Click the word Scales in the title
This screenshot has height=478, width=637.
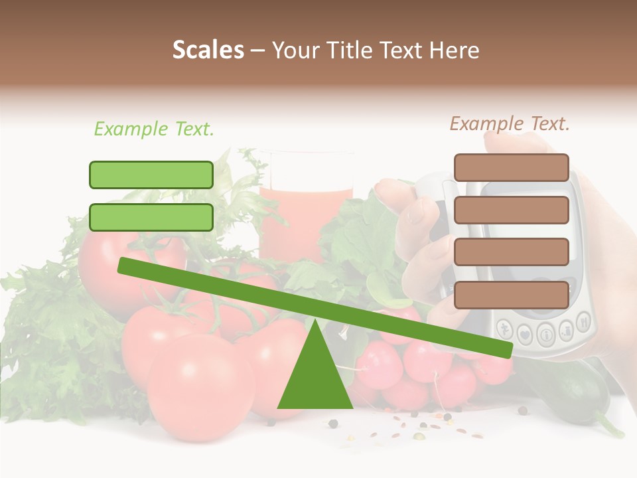tap(208, 50)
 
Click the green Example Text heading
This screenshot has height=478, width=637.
tap(154, 129)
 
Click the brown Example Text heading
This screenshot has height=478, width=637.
tap(510, 123)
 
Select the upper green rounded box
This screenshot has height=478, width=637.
tap(151, 175)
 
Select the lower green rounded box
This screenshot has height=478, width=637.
tap(151, 217)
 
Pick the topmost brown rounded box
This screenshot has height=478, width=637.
tap(511, 167)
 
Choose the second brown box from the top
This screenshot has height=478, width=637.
tap(511, 210)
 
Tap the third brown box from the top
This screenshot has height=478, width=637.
tap(511, 252)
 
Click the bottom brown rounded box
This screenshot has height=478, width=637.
tap(511, 295)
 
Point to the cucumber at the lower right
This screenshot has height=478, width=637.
tap(584, 398)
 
